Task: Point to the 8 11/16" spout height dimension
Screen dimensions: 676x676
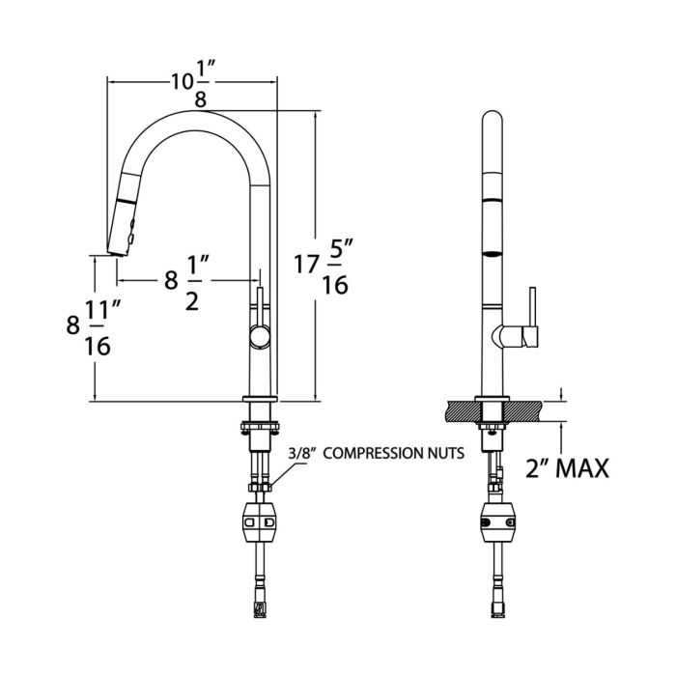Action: coord(93,327)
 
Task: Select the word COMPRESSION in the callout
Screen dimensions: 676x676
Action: coord(378,452)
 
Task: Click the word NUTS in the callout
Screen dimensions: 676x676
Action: coord(445,452)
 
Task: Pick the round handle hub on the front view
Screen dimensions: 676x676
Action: coord(260,336)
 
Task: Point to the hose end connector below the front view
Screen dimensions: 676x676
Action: coord(260,606)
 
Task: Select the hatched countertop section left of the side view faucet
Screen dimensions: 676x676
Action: coord(459,409)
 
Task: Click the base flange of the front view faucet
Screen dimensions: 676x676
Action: coord(260,400)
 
